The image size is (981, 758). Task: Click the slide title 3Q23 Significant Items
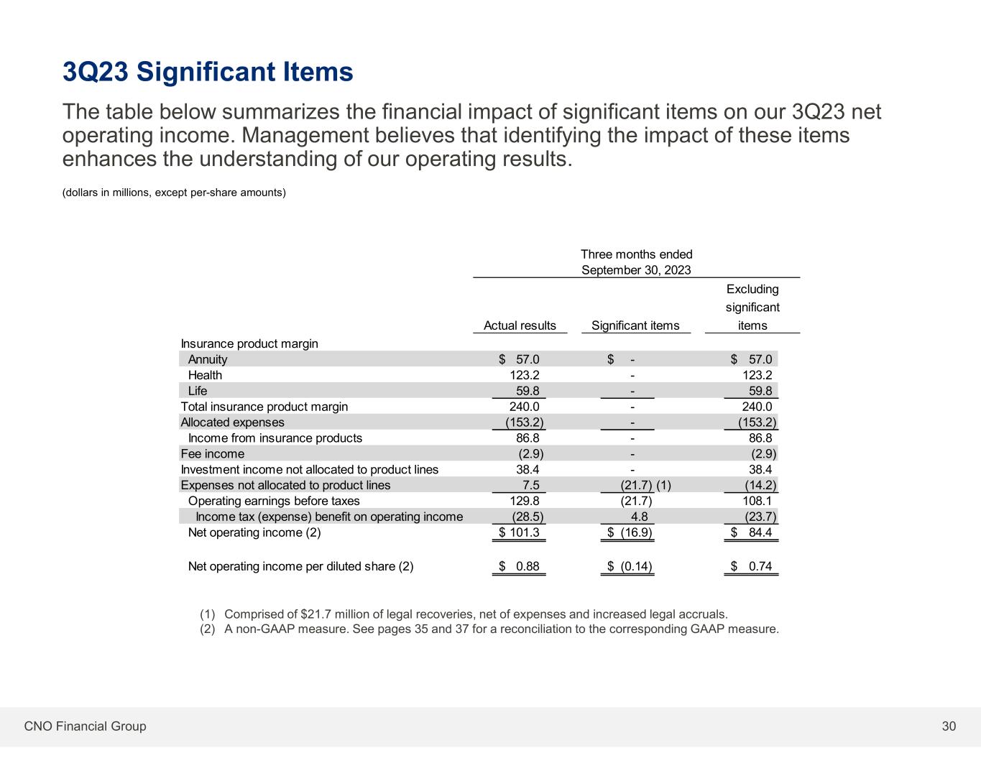point(208,72)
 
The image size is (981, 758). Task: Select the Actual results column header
point(520,325)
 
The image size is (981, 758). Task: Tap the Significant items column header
point(635,325)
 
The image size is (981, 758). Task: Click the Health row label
point(205,375)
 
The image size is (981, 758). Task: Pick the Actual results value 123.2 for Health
point(525,375)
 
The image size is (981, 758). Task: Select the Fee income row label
point(212,453)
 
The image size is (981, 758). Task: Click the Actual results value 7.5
point(530,485)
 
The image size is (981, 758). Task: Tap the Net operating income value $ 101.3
point(520,532)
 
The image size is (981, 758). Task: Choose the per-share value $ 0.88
point(520,566)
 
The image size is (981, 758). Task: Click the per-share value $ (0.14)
point(630,566)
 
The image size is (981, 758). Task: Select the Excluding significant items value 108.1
point(757,501)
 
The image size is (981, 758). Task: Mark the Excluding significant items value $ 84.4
point(752,532)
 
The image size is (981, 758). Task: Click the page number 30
point(949,726)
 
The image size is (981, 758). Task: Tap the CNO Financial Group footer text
point(85,726)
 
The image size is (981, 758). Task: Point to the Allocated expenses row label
point(232,422)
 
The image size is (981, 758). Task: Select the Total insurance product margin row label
point(264,407)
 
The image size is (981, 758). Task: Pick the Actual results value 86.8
point(528,438)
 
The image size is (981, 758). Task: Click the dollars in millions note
point(174,193)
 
